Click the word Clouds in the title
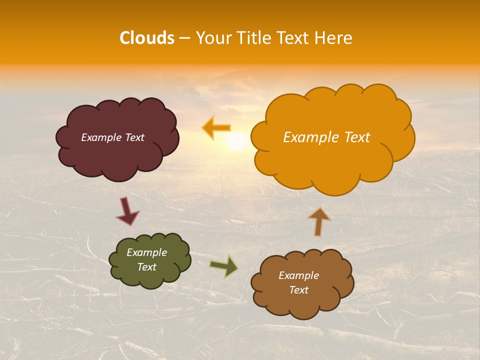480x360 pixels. pos(147,38)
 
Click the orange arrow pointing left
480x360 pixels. pos(216,128)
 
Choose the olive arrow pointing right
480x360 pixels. pos(224,266)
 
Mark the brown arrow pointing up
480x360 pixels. pos(319,221)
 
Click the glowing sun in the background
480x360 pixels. pos(236,142)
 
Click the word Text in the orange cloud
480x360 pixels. pos(355,137)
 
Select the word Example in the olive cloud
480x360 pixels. pos(146,253)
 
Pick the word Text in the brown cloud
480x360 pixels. pos(299,290)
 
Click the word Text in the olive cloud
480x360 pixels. pos(147,267)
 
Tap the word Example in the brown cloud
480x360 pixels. pos(298,275)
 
